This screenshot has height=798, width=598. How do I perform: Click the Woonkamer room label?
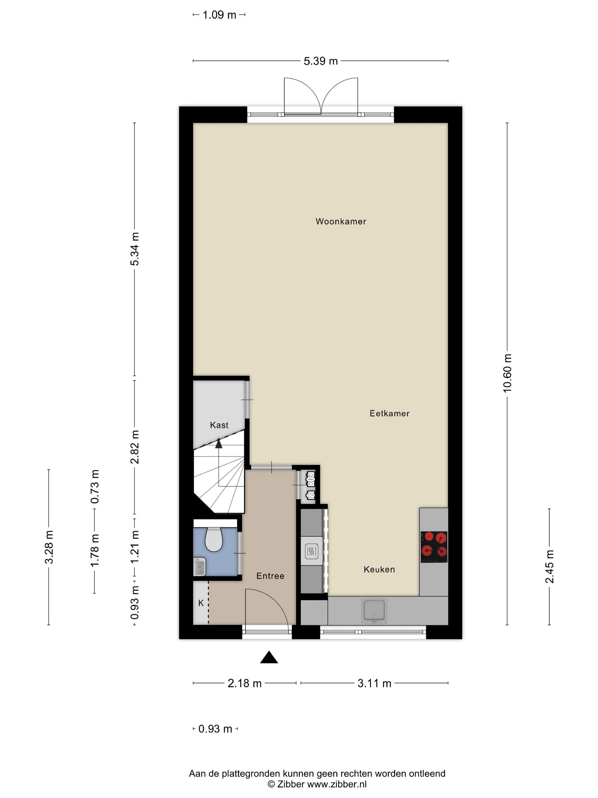tap(341, 221)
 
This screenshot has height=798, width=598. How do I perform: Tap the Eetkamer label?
tap(389, 414)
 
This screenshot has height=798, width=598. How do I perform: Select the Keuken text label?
tap(379, 569)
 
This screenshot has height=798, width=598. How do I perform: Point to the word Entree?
tap(270, 576)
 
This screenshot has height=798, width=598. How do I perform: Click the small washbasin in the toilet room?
tap(199, 566)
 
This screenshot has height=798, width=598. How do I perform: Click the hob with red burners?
tap(434, 547)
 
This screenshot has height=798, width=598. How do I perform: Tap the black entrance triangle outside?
tap(269, 657)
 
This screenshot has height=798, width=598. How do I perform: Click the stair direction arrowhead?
tap(218, 443)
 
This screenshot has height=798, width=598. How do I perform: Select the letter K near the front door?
tap(201, 603)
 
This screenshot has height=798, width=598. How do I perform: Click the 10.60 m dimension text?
tap(507, 373)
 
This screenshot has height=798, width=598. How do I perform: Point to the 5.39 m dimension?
tap(320, 61)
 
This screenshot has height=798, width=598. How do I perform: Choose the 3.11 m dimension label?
tap(374, 683)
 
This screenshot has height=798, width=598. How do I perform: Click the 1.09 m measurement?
tap(219, 15)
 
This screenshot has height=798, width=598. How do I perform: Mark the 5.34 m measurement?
tap(134, 249)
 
